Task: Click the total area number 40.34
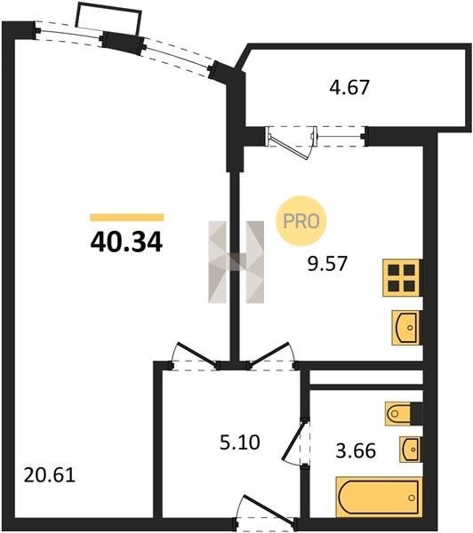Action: click(126, 243)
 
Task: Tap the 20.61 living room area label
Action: click(49, 475)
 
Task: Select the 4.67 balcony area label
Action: click(349, 87)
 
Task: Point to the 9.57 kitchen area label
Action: click(327, 263)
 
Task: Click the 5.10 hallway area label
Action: click(240, 442)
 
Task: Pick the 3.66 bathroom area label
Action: click(356, 451)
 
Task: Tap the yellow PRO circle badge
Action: click(301, 221)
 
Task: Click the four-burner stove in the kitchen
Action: click(401, 278)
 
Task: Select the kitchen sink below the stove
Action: click(405, 328)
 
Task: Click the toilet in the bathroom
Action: click(399, 414)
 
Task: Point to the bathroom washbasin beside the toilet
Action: click(409, 449)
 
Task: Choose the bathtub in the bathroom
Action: click(379, 497)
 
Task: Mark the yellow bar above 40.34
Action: click(127, 218)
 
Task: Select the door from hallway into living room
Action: click(195, 356)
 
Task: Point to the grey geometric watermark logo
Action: click(236, 262)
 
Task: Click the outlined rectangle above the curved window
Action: click(108, 19)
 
